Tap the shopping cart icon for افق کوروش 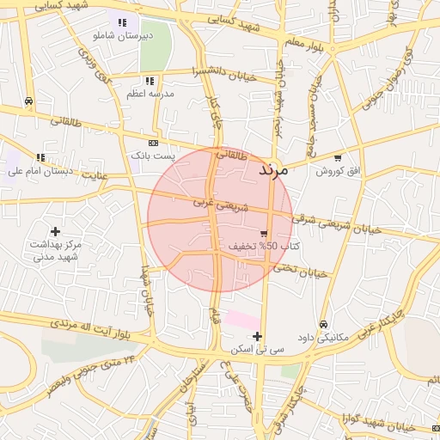point(338,158)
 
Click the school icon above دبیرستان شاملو point(121,23)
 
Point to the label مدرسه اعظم point(150,92)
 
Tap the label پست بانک point(152,156)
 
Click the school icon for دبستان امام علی point(40,156)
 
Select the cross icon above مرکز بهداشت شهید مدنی point(56,231)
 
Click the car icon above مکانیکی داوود point(322,324)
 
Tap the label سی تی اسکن point(256,350)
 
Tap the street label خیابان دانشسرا point(225,74)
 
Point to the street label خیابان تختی point(301,271)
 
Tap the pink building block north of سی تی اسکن point(242,320)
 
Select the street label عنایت point(95,175)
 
